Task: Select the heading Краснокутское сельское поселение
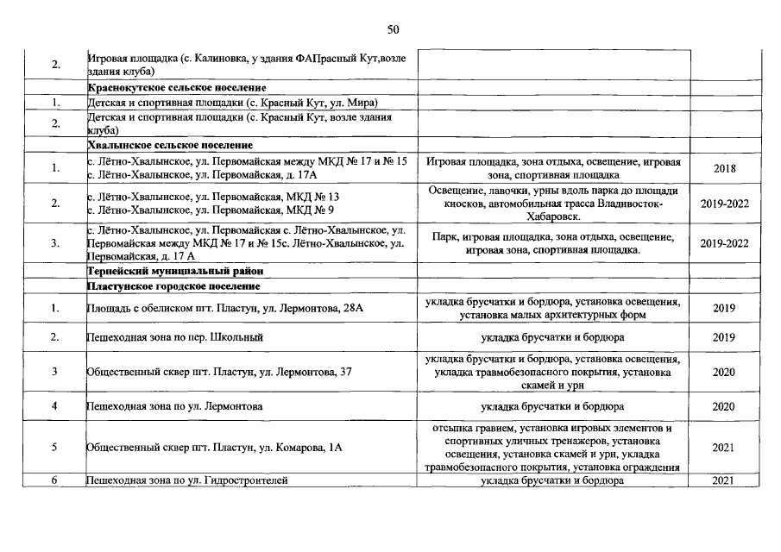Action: tap(176, 87)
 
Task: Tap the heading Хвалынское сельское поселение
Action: tap(170, 145)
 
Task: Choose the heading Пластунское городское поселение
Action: tap(173, 285)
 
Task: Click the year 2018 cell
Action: tap(724, 168)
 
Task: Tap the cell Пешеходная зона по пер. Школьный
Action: tap(175, 336)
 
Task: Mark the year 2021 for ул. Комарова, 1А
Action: tap(724, 447)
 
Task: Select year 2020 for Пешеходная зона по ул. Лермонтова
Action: tap(724, 405)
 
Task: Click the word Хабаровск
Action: tap(552, 217)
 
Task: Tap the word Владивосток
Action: tap(623, 204)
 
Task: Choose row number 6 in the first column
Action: tap(54, 480)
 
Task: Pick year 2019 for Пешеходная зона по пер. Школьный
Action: tap(724, 336)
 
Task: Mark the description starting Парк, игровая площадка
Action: tap(552, 243)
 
